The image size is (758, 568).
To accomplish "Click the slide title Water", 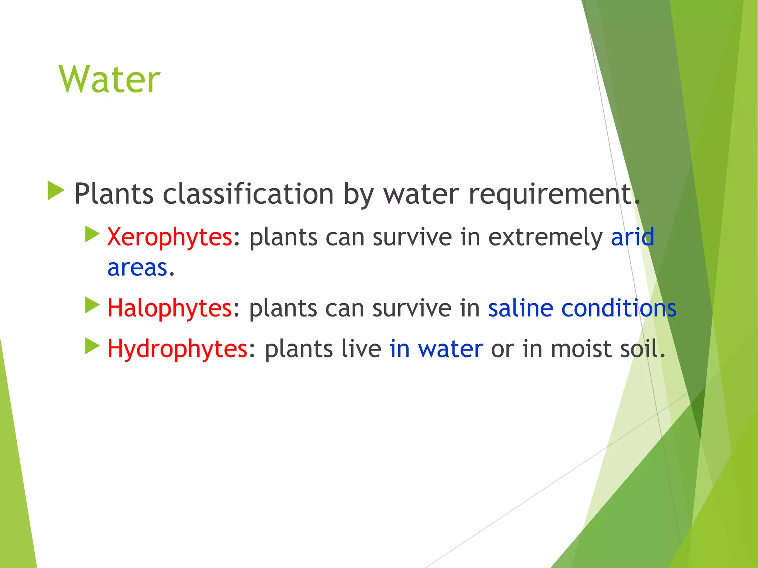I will point(109,80).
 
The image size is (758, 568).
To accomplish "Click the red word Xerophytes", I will point(170,237).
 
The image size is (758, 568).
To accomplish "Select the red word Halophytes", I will point(169,308).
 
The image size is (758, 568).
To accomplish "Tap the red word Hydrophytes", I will point(177,349).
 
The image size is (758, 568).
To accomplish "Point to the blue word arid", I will point(632,237).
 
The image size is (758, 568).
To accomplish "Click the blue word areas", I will point(137,268).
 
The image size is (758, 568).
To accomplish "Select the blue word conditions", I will point(619,308).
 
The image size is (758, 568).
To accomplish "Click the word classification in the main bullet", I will point(248,194).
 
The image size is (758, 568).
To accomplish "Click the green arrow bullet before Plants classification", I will point(56,191).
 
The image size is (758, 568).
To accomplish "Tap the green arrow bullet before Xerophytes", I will point(92,234).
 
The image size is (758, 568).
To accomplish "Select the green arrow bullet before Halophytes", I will point(92,305).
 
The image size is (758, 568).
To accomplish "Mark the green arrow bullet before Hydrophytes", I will point(92,346).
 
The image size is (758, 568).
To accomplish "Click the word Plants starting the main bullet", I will point(114,194).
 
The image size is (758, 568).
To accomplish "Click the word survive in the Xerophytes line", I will point(412,237).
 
